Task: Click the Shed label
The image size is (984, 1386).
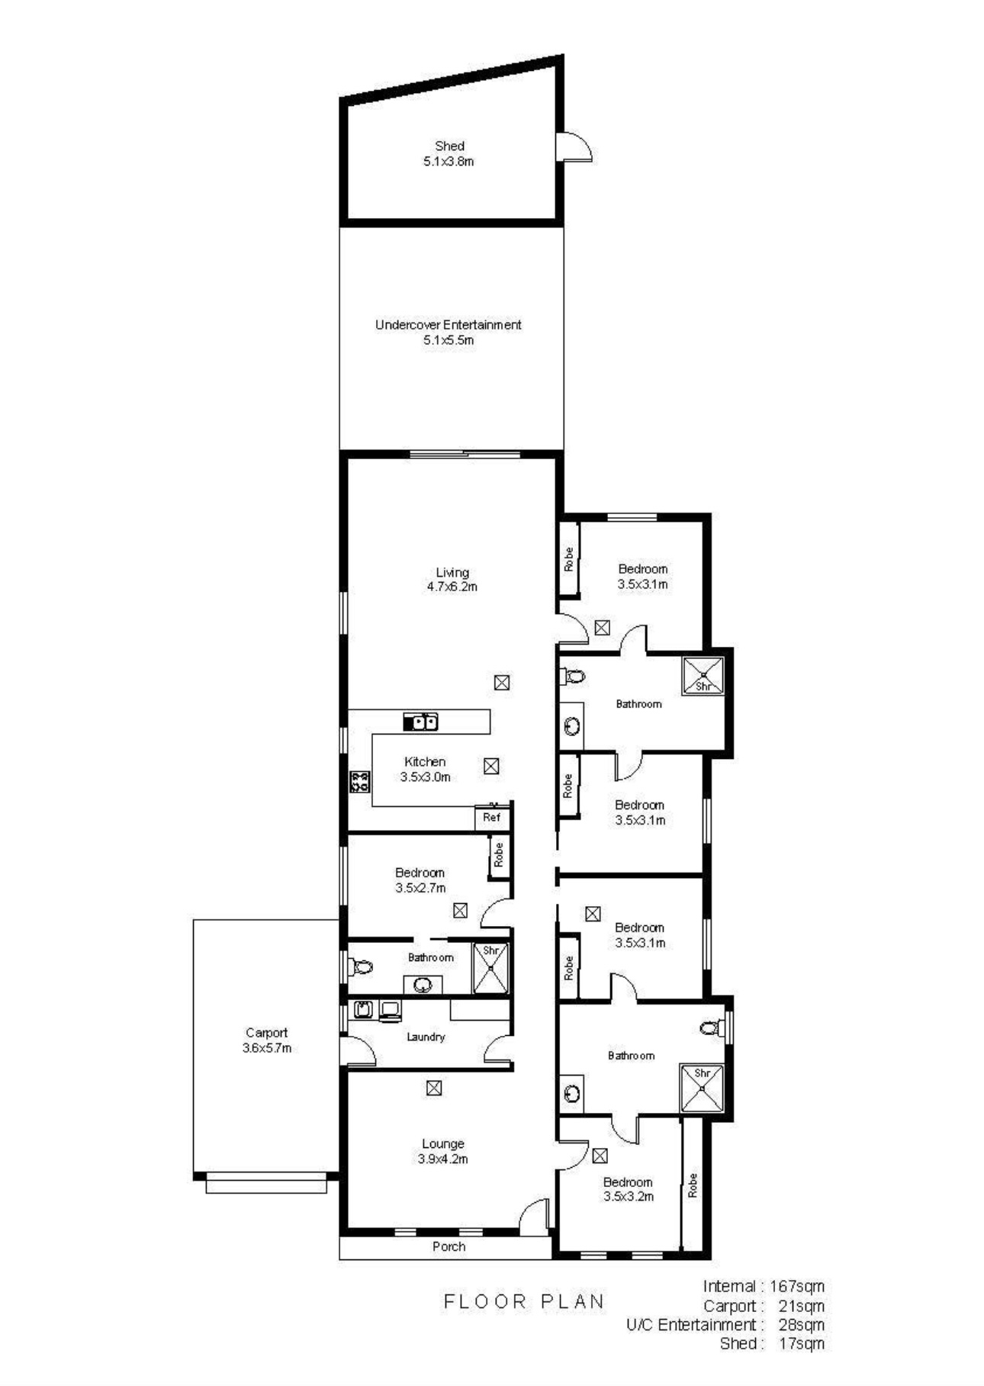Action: click(x=449, y=146)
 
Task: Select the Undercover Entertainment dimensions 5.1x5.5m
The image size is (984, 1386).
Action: click(x=449, y=340)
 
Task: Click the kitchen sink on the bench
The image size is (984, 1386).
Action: click(x=420, y=721)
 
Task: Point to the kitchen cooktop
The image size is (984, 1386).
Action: click(x=359, y=780)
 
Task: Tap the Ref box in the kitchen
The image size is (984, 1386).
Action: click(x=492, y=817)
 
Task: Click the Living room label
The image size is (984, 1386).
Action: click(x=452, y=572)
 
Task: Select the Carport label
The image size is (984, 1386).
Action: click(x=266, y=1033)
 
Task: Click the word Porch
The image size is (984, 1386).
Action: click(x=449, y=1246)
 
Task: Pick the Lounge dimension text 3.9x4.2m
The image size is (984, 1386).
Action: click(x=442, y=1159)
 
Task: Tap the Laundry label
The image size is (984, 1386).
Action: click(x=426, y=1037)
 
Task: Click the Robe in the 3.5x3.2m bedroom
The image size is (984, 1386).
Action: click(x=693, y=1185)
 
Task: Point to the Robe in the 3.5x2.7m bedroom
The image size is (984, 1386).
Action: click(x=499, y=855)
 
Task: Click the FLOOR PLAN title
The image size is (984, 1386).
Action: click(x=524, y=1301)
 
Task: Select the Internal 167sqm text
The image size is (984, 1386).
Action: click(x=763, y=1286)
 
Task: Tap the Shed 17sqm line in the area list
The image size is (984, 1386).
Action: click(x=771, y=1343)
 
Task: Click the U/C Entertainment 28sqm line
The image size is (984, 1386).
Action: click(x=725, y=1324)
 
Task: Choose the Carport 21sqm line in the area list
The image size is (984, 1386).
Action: click(x=763, y=1305)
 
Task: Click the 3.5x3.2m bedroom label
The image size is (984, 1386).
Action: click(x=628, y=1182)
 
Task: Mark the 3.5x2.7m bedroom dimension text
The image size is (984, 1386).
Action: click(x=420, y=888)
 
